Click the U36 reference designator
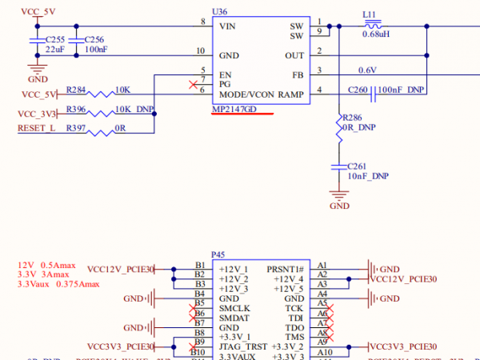218,12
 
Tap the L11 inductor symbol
370,24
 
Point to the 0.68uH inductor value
376,34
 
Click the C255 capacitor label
55,39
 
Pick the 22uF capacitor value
54,50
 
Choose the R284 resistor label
77,89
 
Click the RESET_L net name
36,128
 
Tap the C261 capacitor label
358,166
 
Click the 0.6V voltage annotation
367,70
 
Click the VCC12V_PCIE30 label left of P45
119,268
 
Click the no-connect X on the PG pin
190,84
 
